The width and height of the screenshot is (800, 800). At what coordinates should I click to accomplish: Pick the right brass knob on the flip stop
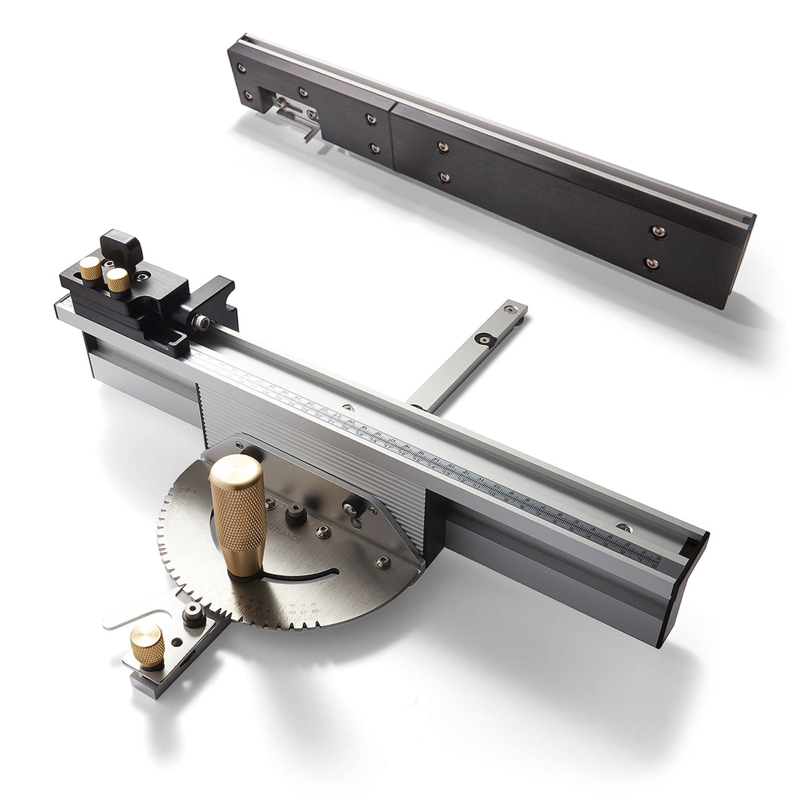point(117,280)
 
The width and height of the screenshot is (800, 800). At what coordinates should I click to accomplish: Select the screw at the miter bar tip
point(506,309)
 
